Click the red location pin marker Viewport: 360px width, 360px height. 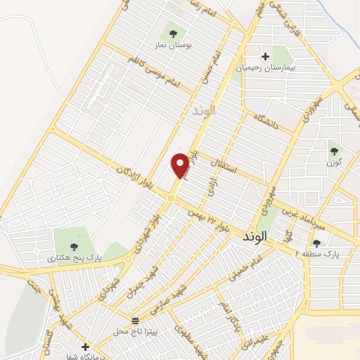[x=181, y=165]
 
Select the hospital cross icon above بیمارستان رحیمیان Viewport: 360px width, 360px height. [x=265, y=56]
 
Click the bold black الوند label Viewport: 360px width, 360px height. [x=262, y=236]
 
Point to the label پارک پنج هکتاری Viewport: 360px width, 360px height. [x=75, y=258]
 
